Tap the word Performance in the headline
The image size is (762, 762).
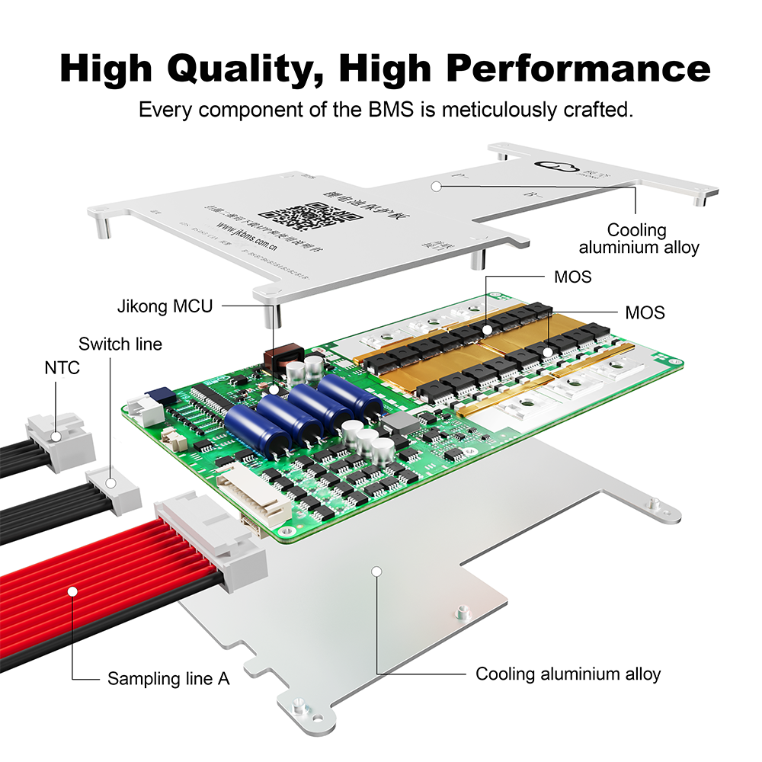(578, 69)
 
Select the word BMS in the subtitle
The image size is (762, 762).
(387, 109)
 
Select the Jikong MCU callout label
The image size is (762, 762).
(165, 306)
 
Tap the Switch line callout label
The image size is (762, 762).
(120, 344)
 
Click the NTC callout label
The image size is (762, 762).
(61, 368)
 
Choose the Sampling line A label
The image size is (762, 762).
(168, 677)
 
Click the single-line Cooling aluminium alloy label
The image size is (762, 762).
(568, 674)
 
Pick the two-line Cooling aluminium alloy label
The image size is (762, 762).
(639, 239)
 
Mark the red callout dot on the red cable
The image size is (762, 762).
(72, 590)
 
